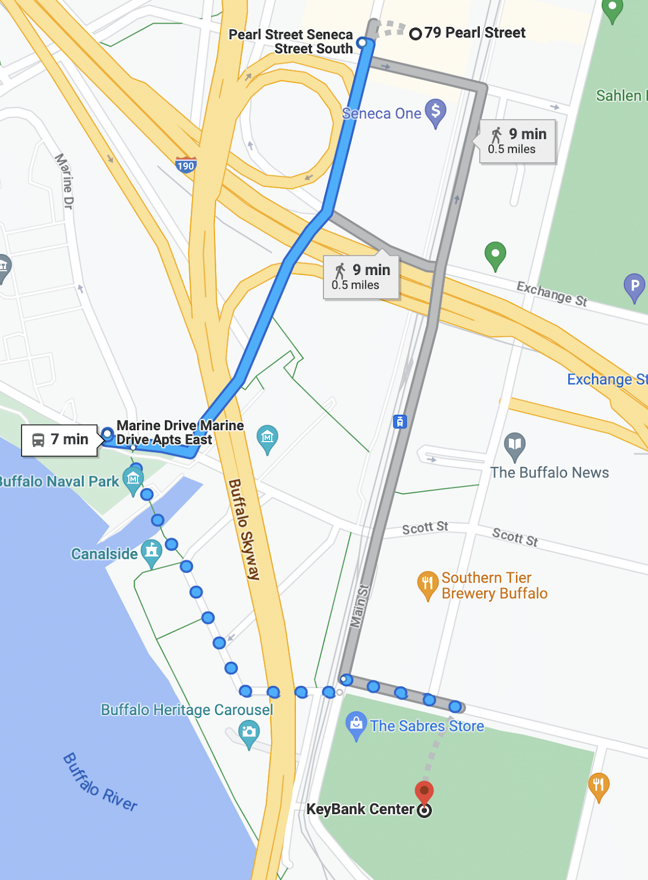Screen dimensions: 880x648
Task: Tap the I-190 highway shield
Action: [186, 165]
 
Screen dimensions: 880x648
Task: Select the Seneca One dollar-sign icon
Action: [436, 112]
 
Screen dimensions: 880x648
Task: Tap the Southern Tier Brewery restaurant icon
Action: [427, 585]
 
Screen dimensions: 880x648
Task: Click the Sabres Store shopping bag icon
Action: [356, 724]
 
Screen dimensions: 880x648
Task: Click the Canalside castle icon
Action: [151, 552]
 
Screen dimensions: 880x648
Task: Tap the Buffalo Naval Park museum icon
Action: [133, 480]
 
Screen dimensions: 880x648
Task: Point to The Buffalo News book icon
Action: [514, 445]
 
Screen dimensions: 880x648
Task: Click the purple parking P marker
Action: [634, 287]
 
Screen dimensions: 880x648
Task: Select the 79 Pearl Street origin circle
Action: [416, 34]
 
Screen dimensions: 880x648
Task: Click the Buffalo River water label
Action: [100, 782]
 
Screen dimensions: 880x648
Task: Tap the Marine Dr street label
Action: [64, 181]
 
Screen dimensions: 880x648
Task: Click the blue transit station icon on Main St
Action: [400, 422]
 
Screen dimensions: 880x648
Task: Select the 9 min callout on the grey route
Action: [518, 141]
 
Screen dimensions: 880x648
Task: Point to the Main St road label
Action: [358, 605]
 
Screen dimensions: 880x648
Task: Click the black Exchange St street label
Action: [552, 293]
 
